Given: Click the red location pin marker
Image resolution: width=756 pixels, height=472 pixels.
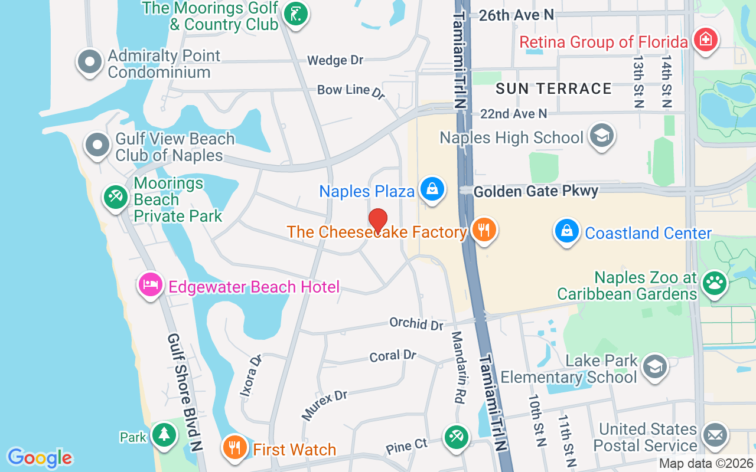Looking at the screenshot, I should (x=378, y=221).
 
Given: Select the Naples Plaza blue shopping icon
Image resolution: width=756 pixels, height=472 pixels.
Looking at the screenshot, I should (x=433, y=189).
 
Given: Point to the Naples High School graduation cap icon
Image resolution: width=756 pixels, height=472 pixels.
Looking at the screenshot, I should (x=602, y=136).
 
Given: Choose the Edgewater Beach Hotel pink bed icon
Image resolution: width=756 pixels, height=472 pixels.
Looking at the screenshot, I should (x=151, y=285).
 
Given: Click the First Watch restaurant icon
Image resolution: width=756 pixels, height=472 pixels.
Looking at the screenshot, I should (x=234, y=447).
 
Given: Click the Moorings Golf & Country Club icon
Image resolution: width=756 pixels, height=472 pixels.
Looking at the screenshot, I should (x=295, y=15).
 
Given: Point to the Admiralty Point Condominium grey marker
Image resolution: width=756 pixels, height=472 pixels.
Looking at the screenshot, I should (x=90, y=62).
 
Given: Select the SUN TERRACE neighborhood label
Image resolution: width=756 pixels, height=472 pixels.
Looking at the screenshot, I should (x=553, y=88).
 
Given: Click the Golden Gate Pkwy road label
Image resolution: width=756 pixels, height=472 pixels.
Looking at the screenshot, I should (x=536, y=191).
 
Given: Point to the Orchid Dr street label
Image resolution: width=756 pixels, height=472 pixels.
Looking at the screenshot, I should (x=416, y=323).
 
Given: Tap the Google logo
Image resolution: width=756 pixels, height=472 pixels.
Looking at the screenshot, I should (x=40, y=458).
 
